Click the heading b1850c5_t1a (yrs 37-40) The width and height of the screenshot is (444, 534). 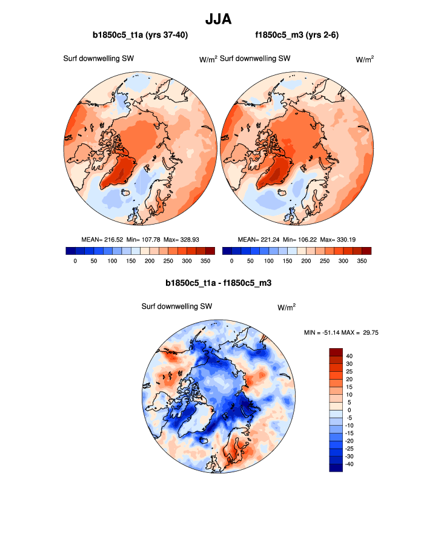[140, 36]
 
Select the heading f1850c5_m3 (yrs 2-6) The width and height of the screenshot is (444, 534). [297, 36]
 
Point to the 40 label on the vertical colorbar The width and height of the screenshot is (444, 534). [349, 356]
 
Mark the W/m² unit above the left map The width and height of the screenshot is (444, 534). [208, 59]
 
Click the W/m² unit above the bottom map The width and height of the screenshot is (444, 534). [287, 308]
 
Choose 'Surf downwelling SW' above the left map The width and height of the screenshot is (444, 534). [99, 59]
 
